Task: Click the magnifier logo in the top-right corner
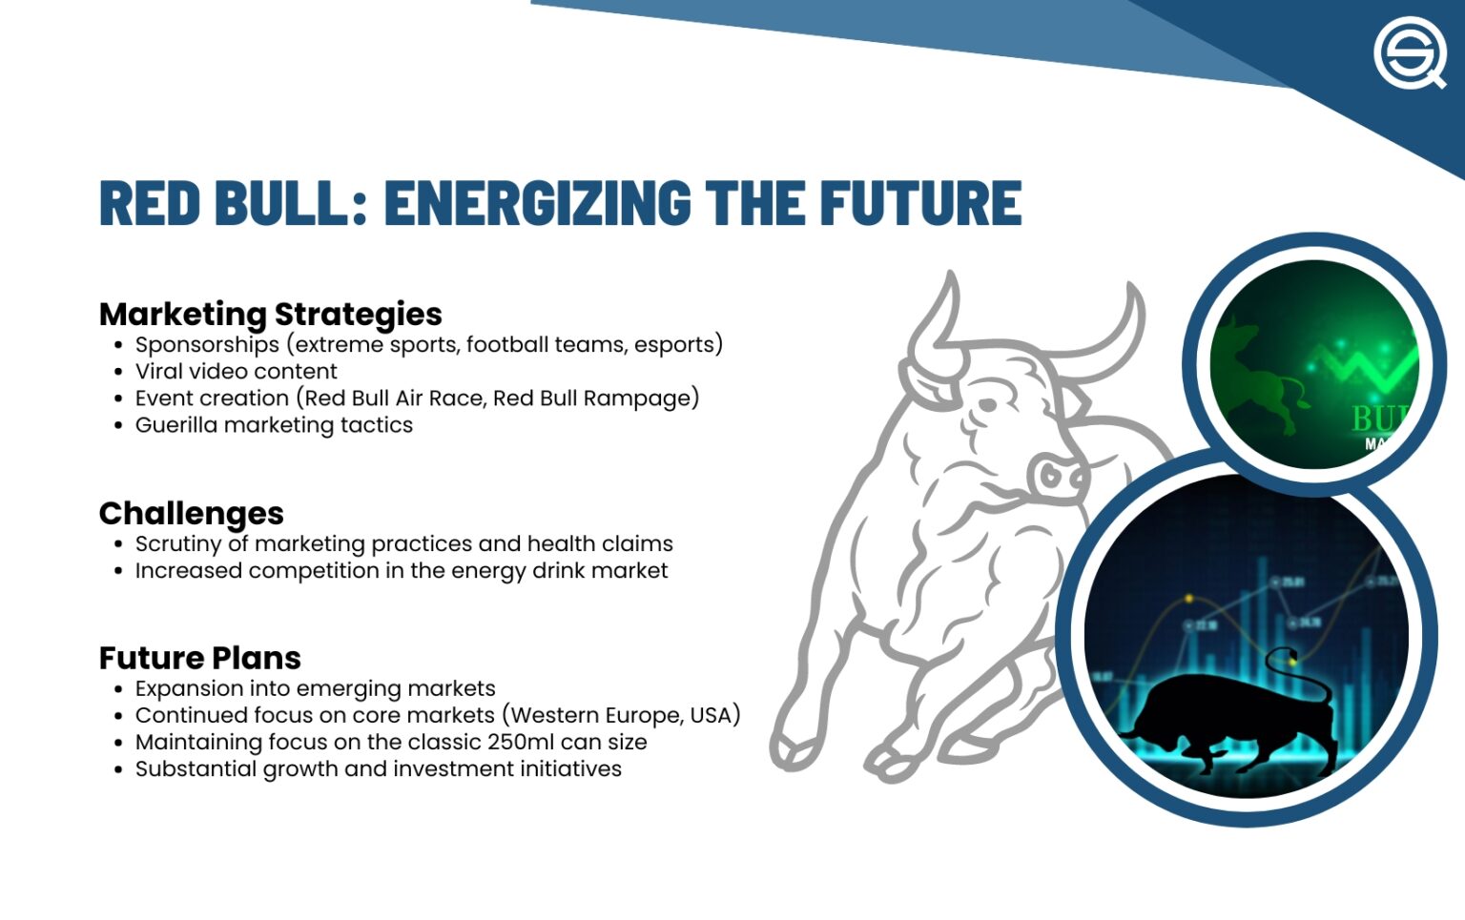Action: pos(1410,53)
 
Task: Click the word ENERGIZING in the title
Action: pos(537,202)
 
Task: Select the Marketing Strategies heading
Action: pos(270,314)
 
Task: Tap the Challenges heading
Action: pos(191,513)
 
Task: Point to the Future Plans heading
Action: pos(199,658)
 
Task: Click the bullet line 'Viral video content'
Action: pos(236,371)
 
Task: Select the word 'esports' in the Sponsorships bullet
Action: pos(673,344)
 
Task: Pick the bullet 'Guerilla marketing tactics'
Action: pos(274,424)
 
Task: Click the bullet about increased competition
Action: pos(401,570)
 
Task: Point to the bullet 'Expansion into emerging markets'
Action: pos(315,688)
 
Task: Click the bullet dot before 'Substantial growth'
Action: pos(118,769)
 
